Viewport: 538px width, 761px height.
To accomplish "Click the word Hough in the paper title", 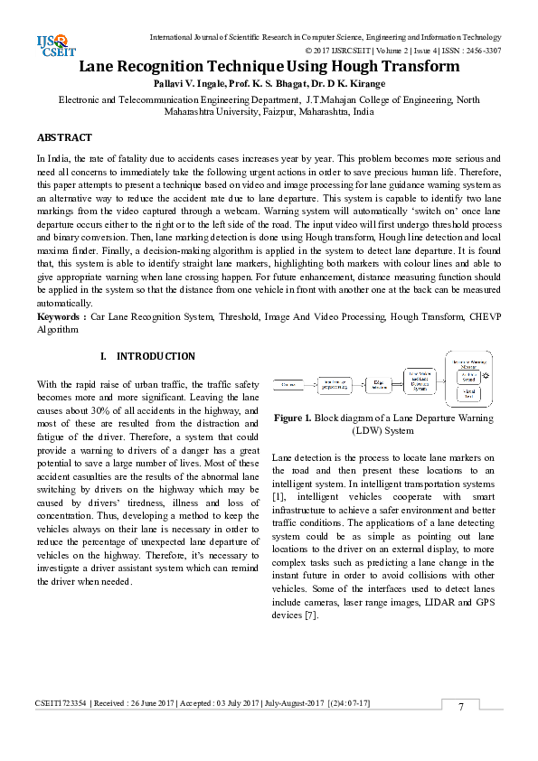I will click(338, 67).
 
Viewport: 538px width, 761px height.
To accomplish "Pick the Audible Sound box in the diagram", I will click(467, 376).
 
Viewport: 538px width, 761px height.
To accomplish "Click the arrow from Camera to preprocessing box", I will click(308, 386).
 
